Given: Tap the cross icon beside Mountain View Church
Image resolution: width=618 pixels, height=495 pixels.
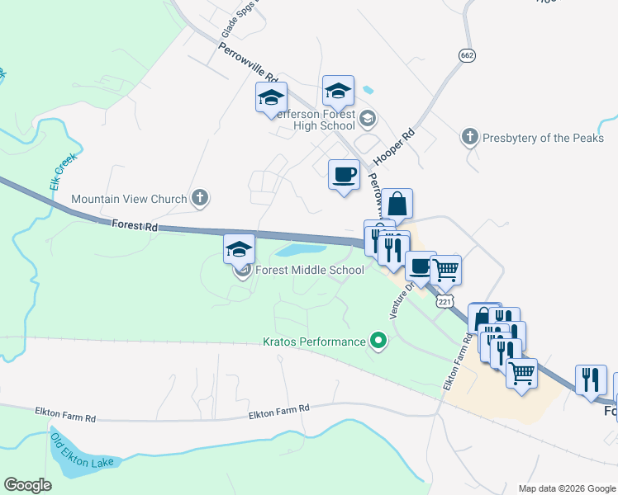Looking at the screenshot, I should point(199,198).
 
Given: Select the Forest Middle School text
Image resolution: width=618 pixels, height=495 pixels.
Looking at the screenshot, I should point(310,270).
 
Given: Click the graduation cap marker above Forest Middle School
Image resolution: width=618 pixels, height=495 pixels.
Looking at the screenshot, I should point(238,248).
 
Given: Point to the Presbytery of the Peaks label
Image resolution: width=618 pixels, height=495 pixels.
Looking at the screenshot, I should point(544,138).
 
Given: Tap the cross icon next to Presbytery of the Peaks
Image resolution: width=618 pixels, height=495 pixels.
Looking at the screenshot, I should point(470,137).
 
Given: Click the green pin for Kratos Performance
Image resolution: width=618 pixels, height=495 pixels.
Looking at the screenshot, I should point(378,339).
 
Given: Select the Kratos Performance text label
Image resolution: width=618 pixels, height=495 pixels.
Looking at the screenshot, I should point(313,342).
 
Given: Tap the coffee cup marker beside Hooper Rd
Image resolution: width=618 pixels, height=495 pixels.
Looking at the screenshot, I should point(344,175).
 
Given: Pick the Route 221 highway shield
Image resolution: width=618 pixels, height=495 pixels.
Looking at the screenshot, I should point(445,302).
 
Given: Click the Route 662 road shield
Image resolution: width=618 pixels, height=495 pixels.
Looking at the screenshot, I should point(466,54).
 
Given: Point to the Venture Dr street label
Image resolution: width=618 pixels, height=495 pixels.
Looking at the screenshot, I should point(399,303).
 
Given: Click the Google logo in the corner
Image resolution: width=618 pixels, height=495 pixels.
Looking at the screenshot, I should point(28,485).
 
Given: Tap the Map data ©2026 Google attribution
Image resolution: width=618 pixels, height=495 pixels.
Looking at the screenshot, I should point(566,488).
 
